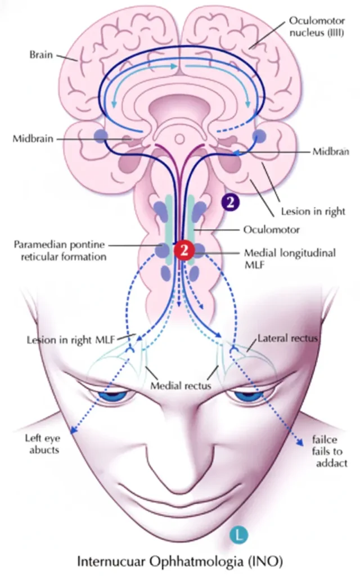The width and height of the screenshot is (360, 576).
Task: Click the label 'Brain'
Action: pos(40,56)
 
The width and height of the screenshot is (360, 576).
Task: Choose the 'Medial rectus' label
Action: pos(181,386)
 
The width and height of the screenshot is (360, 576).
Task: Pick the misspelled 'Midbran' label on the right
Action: pos(330,152)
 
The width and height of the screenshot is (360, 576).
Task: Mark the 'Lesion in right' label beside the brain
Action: pos(313,212)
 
